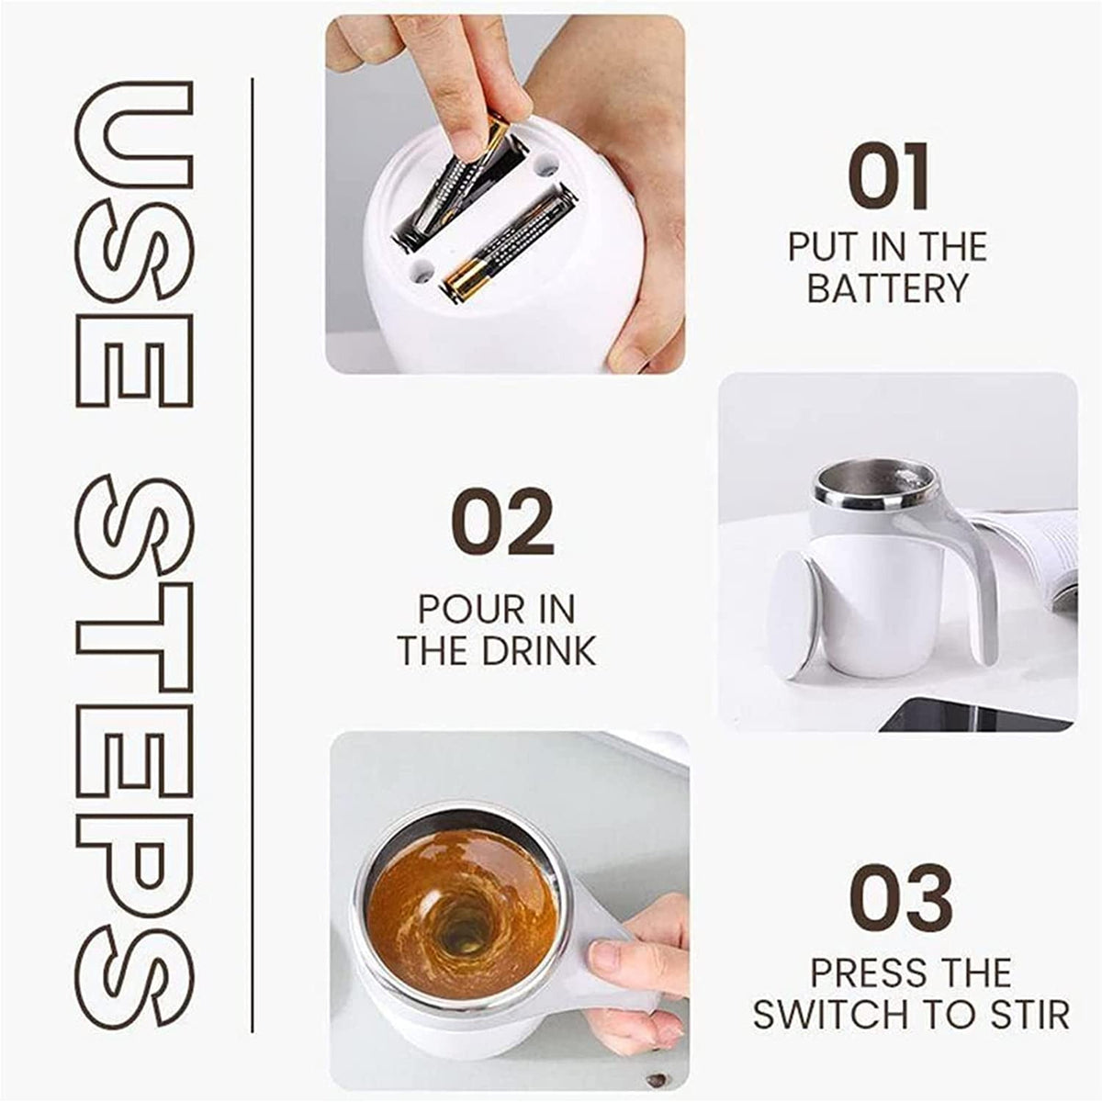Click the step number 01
click(x=888, y=177)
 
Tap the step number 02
click(x=502, y=523)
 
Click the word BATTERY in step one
click(x=887, y=288)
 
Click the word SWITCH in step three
click(x=826, y=1015)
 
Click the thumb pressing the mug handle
click(x=624, y=960)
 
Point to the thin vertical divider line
click(x=253, y=551)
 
